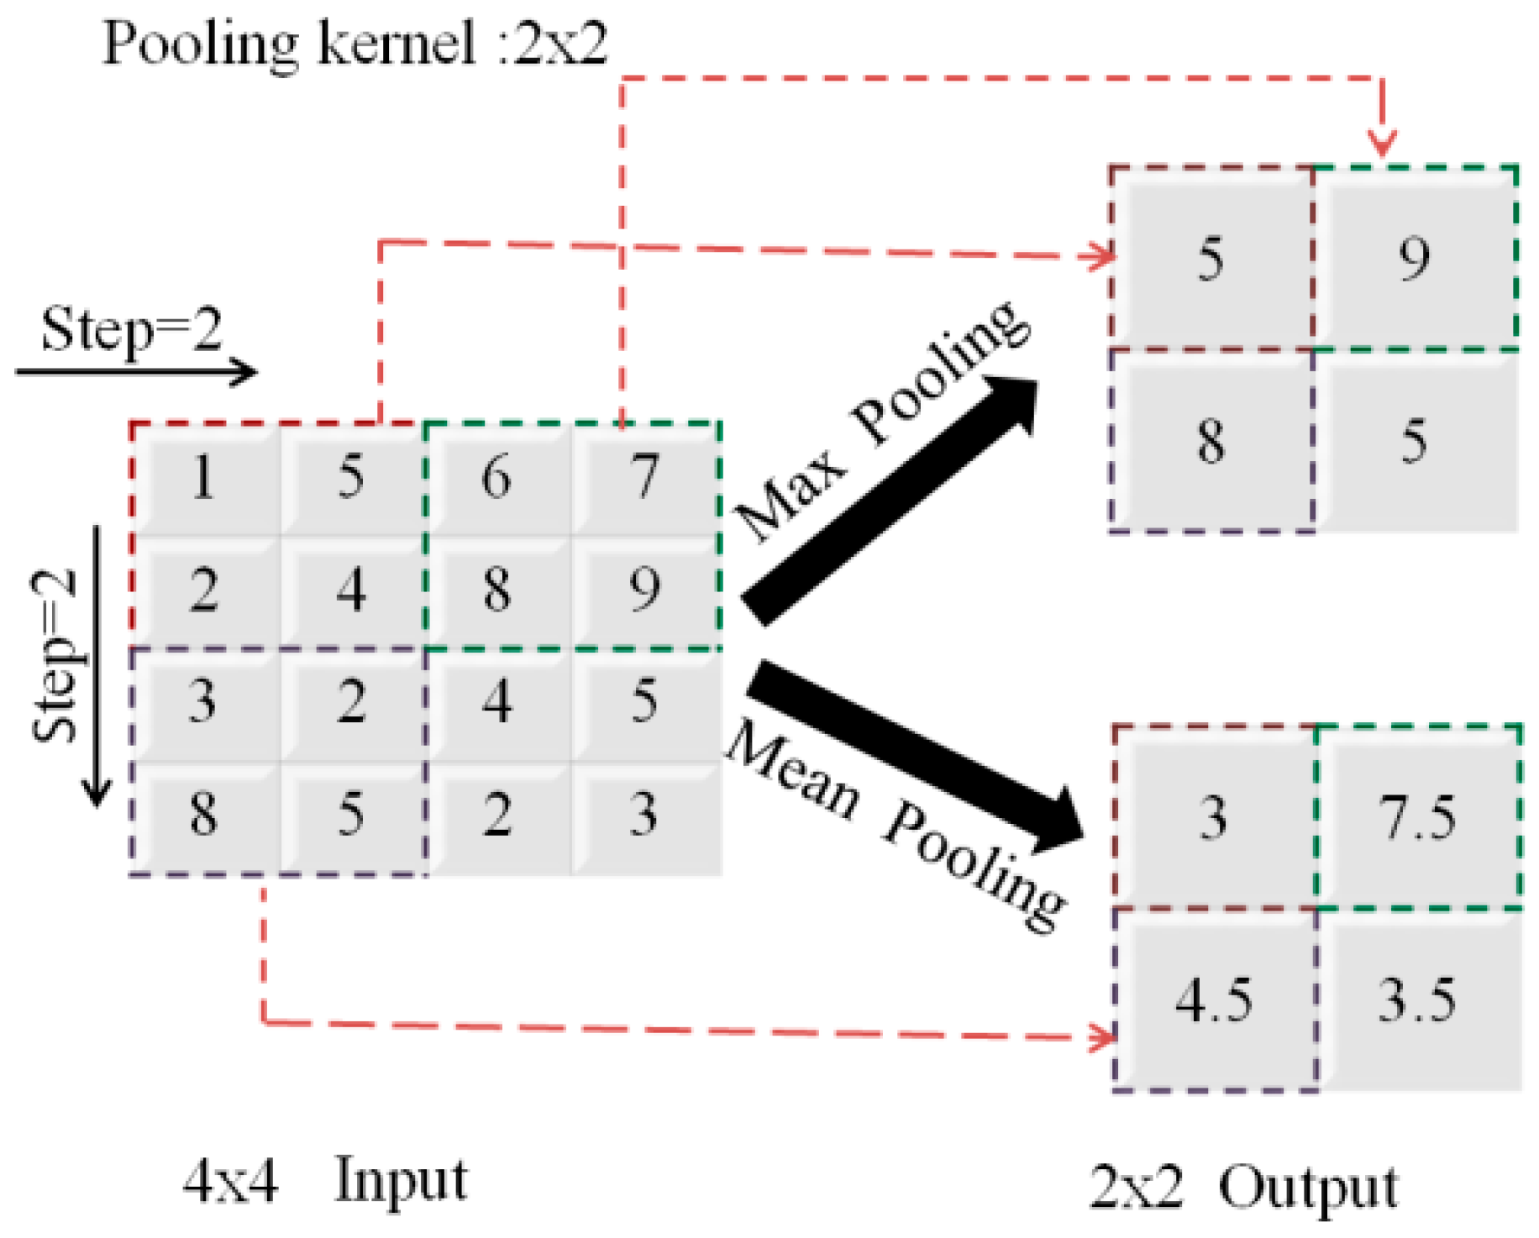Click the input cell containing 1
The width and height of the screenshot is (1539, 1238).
(x=204, y=479)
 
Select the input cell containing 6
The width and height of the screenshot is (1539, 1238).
(x=497, y=479)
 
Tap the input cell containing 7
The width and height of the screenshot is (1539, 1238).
(x=645, y=479)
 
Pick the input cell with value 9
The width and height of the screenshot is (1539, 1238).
(x=645, y=590)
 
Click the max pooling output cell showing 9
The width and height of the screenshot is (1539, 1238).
(x=1416, y=259)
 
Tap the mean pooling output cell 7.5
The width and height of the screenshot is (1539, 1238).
(x=1418, y=818)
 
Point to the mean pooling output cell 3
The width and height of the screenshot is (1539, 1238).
(x=1213, y=818)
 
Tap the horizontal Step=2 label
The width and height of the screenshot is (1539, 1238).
(x=132, y=330)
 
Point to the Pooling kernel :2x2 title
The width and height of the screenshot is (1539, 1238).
(x=355, y=44)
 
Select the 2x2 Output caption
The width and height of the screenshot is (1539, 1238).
(x=1244, y=1187)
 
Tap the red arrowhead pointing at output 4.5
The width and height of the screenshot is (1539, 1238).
(x=1102, y=1036)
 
